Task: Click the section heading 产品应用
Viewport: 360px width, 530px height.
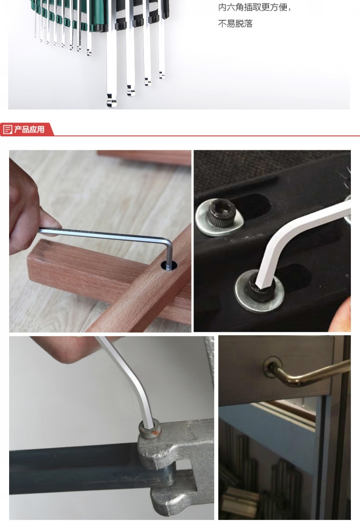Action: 29,130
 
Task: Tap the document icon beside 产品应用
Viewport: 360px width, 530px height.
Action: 7,130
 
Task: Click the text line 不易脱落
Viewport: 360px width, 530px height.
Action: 235,24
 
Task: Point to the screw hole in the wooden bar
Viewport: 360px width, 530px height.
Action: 169,265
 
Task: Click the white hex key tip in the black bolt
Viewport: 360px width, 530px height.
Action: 260,283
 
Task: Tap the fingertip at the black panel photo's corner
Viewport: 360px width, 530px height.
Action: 341,316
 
